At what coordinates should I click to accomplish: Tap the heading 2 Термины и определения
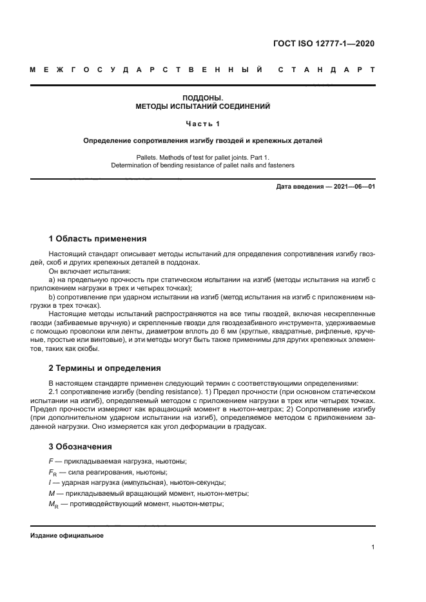[104, 368]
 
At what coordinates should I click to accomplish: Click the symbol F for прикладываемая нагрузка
[50, 462]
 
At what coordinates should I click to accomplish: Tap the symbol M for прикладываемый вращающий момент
[51, 494]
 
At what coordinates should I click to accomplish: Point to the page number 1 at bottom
[373, 547]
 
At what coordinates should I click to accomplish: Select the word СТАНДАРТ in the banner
[327, 69]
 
